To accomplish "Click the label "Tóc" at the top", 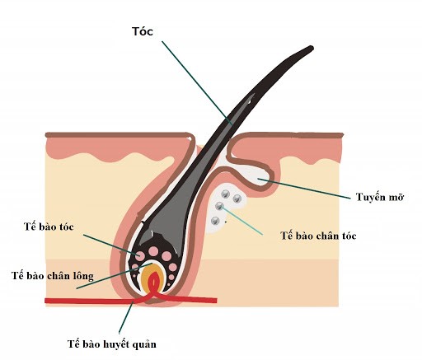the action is pos(143,31).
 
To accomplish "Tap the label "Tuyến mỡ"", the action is pos(380,197).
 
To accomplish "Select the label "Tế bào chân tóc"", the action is pos(318,236).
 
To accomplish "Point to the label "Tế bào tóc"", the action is pos(49,227).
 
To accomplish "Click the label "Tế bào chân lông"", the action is pos(53,276).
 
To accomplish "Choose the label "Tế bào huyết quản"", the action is pos(112,344).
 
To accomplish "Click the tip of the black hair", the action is pos(312,49).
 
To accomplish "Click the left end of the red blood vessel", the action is pos(46,301).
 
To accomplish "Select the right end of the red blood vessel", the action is pos(216,301).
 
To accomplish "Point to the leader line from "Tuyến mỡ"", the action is pos(304,189).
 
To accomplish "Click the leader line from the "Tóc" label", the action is pos(197,83).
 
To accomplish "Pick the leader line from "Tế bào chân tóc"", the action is pos(241,221).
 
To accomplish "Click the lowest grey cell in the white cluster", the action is pos(215,221).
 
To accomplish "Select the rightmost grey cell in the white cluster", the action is pos(237,199).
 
